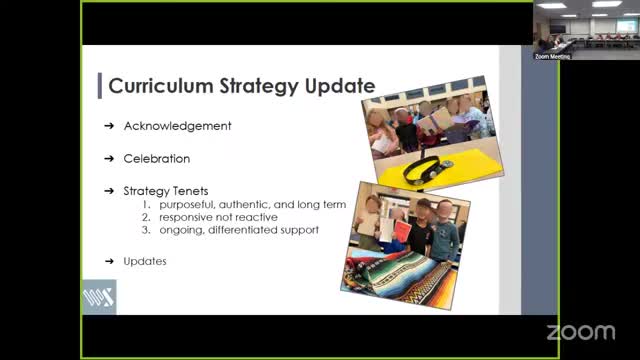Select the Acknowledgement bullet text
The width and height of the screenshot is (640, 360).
click(x=177, y=126)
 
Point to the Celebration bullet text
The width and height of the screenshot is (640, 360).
click(x=156, y=158)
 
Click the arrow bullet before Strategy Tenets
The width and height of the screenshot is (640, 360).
click(x=108, y=190)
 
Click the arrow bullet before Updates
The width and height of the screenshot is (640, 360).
click(x=108, y=261)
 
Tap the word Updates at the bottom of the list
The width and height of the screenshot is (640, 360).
click(x=145, y=261)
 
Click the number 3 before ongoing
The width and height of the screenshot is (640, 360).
click(x=146, y=230)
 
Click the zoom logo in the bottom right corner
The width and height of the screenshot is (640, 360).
click(x=581, y=331)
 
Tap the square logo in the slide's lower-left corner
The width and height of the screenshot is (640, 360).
click(x=99, y=297)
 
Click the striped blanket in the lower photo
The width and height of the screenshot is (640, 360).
click(x=400, y=269)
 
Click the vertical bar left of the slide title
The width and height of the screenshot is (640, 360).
click(x=100, y=86)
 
